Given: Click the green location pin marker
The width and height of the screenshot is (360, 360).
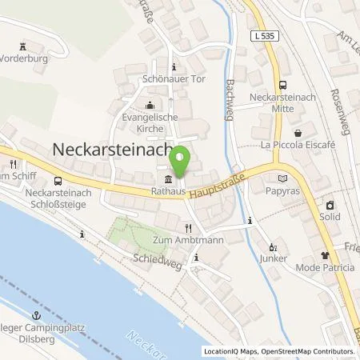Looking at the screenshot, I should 182,162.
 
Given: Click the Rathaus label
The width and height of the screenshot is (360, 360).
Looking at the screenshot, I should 167,192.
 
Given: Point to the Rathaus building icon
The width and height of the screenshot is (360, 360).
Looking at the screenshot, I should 167,179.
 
